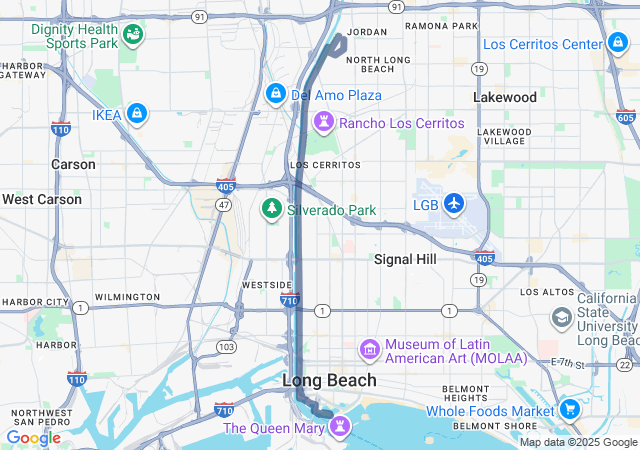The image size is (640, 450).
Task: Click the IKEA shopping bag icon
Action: tap(137, 115)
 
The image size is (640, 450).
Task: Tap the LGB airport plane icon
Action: tap(455, 204)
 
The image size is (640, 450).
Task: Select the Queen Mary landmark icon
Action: tap(341, 427)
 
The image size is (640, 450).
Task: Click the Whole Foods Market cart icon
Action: tap(569, 409)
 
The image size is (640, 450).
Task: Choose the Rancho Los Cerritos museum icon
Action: tap(323, 122)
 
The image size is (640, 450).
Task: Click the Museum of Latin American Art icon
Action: tap(370, 349)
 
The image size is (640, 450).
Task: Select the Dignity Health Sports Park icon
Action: tap(133, 36)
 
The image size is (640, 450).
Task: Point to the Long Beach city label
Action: tap(329, 380)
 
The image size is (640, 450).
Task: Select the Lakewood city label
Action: tap(504, 97)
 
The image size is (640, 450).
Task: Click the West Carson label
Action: tap(42, 199)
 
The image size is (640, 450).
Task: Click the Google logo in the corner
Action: tap(33, 437)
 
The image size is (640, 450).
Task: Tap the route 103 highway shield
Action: tap(226, 346)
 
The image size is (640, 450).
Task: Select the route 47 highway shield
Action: tap(225, 204)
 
